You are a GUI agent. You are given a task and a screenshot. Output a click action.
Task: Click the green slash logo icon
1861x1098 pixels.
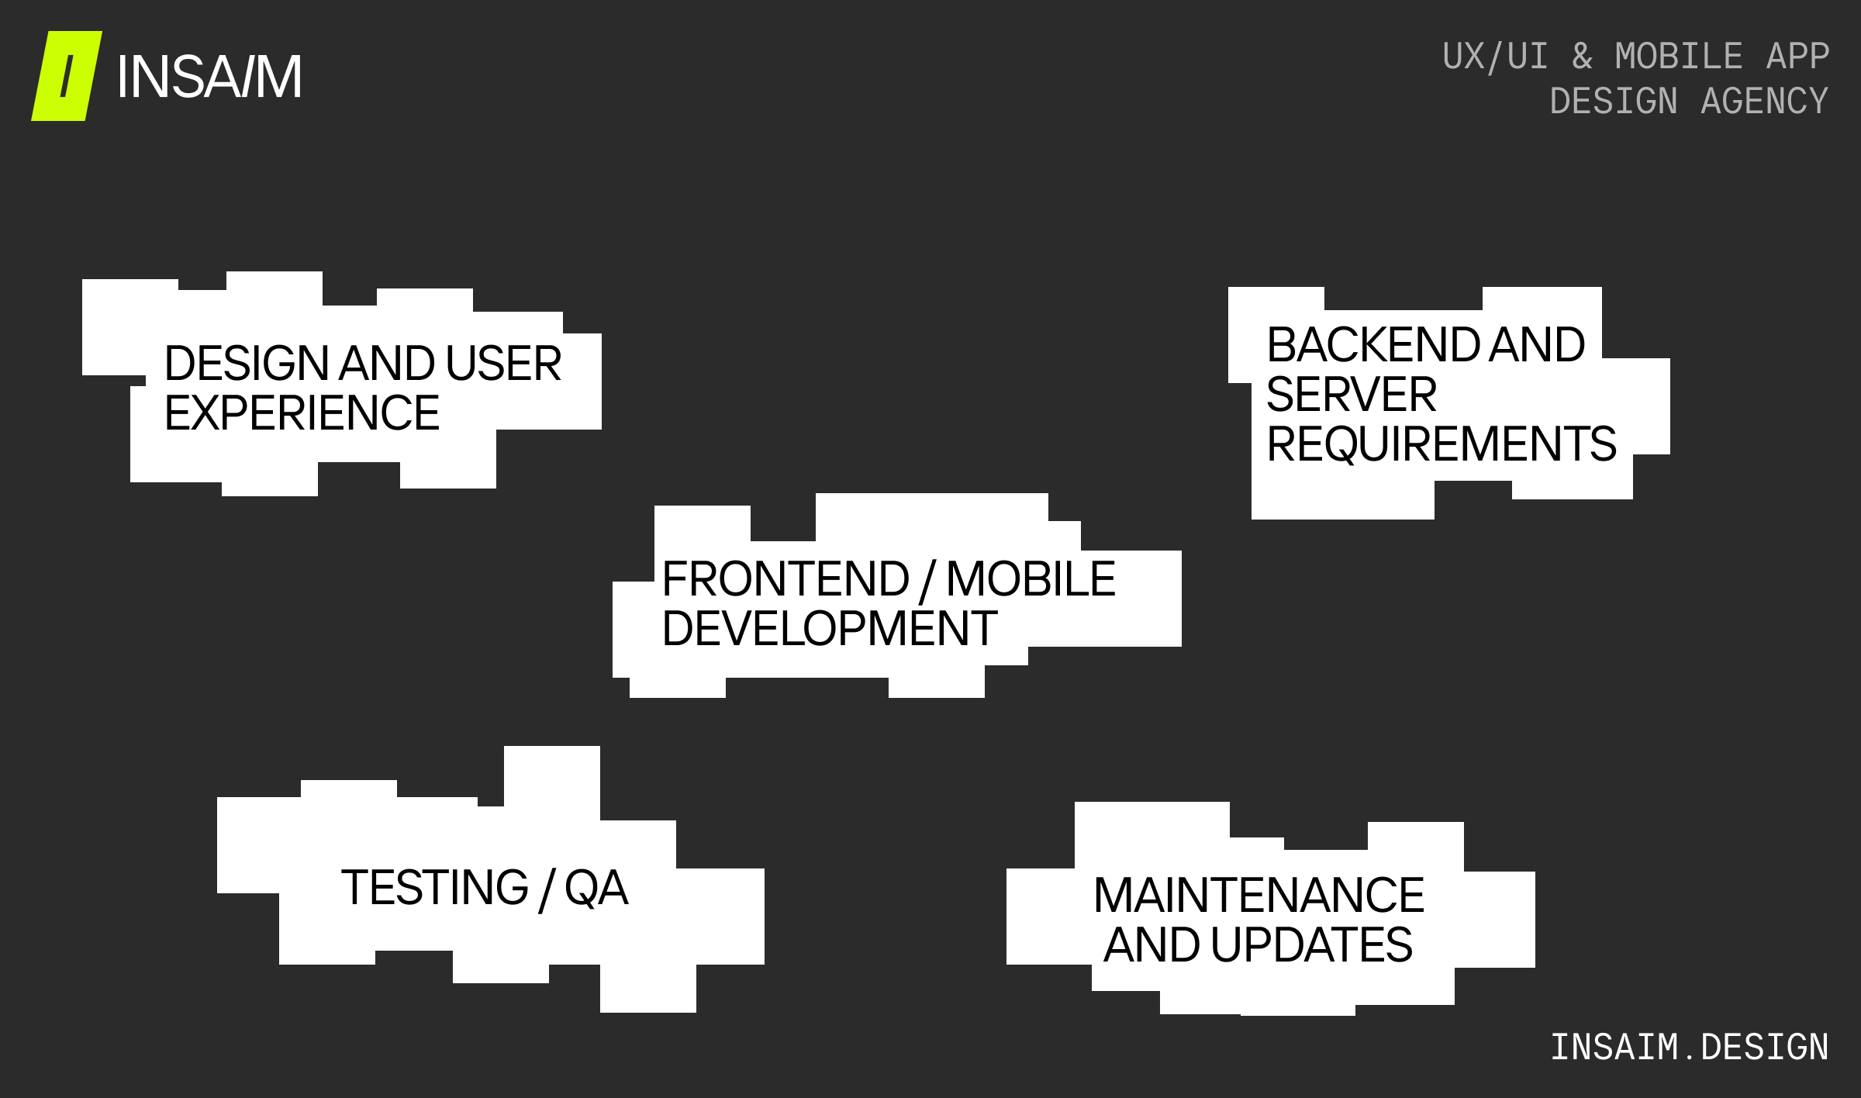(67, 76)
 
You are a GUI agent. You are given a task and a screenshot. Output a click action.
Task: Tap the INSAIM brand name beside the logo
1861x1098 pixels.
(209, 77)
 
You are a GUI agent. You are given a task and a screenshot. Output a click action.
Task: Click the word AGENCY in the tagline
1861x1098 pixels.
(1764, 102)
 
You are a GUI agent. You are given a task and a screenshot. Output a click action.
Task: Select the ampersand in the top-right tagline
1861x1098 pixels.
(1582, 57)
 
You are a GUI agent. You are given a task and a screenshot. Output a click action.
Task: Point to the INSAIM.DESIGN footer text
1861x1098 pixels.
(1689, 1047)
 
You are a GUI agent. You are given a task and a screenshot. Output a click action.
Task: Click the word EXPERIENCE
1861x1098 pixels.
(302, 413)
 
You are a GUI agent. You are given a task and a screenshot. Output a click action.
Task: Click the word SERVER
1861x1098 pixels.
(1351, 394)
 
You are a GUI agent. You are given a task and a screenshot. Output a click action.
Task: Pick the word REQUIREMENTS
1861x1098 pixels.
(1441, 444)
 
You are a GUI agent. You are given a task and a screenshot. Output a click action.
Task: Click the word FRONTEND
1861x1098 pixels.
(785, 578)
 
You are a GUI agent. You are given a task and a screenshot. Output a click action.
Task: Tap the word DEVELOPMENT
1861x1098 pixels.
(829, 628)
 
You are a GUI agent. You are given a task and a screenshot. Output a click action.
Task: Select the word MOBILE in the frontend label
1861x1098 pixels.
(1031, 578)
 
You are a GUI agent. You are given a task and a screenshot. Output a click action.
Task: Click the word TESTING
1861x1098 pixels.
(434, 887)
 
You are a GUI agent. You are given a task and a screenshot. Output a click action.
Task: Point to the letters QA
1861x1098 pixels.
(596, 887)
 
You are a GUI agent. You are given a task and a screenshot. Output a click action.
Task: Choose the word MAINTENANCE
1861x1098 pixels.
(1259, 895)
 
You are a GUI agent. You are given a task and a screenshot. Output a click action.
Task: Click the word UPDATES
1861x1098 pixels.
(1311, 944)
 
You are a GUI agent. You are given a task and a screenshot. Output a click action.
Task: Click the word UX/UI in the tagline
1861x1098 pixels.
(1495, 57)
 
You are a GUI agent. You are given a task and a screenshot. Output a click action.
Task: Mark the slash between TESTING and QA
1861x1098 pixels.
(547, 889)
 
